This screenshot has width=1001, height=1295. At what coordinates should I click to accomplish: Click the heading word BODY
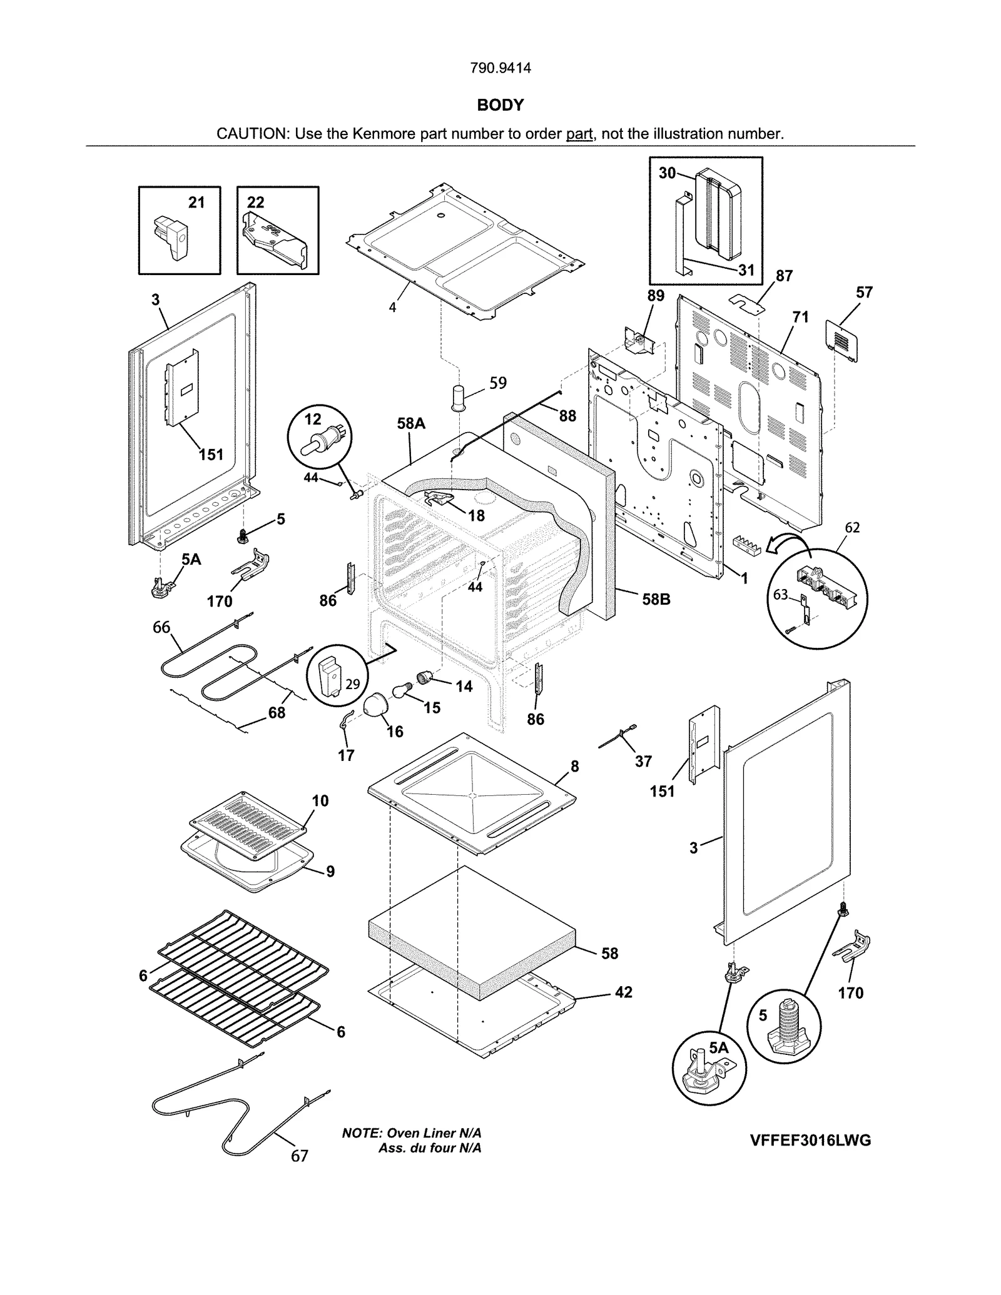click(500, 105)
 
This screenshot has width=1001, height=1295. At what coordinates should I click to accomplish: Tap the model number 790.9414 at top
click(500, 68)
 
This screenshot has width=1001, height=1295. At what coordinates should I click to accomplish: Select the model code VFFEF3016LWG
click(810, 1140)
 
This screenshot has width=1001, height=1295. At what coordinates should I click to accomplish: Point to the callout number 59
click(498, 383)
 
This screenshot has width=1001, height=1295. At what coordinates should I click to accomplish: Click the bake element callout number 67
click(299, 1156)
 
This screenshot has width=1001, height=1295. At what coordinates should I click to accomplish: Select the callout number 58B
click(656, 599)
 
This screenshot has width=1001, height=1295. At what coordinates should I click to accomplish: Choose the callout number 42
click(623, 992)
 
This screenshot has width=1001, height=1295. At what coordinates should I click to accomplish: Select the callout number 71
click(800, 317)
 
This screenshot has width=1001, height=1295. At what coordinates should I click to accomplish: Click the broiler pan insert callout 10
click(320, 800)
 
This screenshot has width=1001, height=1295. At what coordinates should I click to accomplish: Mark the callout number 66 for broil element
click(161, 627)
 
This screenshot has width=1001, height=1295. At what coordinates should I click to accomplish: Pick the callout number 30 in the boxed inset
click(667, 173)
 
